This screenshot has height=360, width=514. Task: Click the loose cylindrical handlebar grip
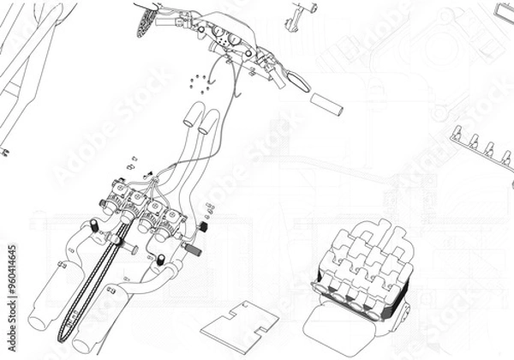(326, 104)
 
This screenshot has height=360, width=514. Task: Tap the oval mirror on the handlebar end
(299, 80)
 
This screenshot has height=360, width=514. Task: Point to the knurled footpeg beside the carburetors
(190, 249)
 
